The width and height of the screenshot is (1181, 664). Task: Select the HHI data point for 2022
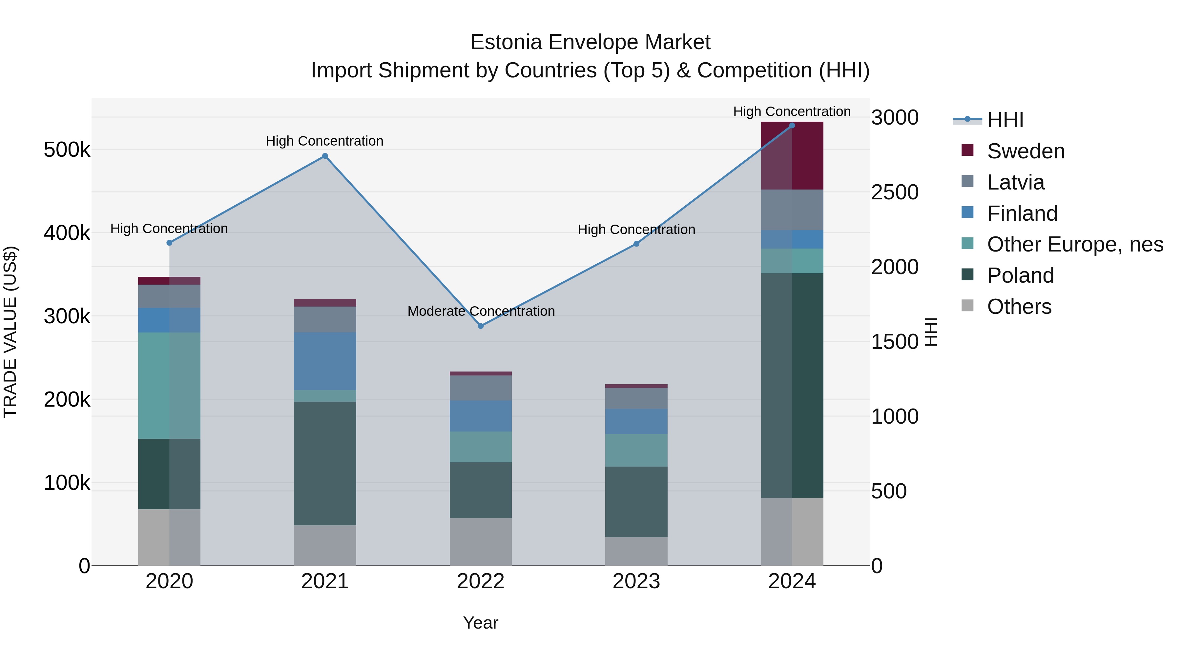coord(481,326)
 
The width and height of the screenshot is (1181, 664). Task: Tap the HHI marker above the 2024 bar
coord(792,126)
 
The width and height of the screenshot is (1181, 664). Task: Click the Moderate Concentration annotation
coord(481,311)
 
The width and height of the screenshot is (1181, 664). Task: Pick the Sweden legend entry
coord(1026,151)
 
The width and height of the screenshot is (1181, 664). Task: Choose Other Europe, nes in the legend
coord(1075,244)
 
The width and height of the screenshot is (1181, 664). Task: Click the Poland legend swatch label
coord(1020,275)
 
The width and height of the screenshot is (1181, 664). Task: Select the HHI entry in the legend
coord(1005,120)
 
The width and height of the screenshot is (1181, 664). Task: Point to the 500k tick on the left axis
coord(67,150)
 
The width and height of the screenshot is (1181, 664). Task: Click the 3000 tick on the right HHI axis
coord(895,118)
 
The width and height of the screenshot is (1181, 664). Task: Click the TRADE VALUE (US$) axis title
coord(10,332)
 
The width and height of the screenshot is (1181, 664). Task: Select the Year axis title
coord(481,623)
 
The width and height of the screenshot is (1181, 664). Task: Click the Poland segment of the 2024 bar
coord(792,385)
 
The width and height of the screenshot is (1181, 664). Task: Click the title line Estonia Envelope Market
coord(590,42)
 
